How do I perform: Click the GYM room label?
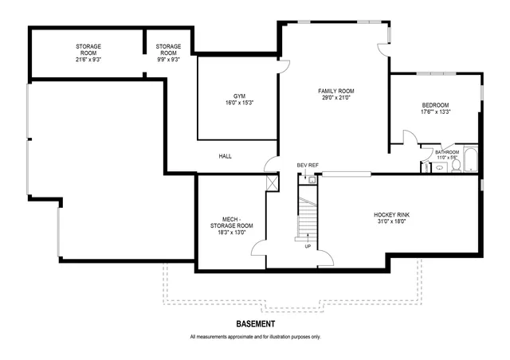240,96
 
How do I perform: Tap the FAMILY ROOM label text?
335,92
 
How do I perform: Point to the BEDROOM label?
436,105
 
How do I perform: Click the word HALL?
226,156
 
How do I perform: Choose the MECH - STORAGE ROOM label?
237,222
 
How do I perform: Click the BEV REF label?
308,165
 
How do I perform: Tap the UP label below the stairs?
308,246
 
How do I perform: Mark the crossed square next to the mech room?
273,182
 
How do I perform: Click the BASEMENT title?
256,324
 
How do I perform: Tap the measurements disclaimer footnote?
256,337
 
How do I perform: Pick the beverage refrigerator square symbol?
312,180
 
